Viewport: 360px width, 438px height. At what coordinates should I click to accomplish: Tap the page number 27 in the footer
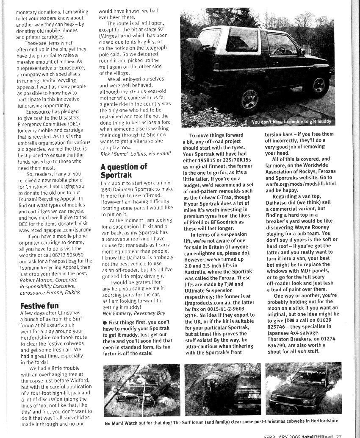(339, 435)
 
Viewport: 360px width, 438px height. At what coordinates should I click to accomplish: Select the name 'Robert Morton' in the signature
(35, 281)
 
